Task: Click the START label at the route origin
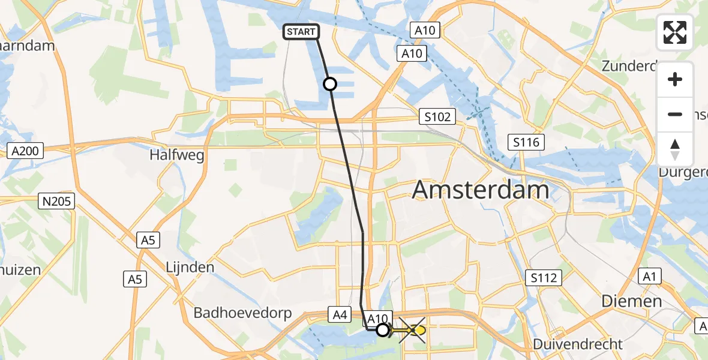[x=301, y=32]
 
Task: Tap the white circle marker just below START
[x=330, y=84]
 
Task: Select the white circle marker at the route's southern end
[x=382, y=329]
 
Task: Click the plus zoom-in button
[x=675, y=79]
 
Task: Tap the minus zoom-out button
[x=675, y=114]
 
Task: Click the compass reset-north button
[x=675, y=149]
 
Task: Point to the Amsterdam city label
[x=481, y=190]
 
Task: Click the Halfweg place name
[x=177, y=156]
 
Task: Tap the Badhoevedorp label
[x=242, y=313]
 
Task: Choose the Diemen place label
[x=632, y=301]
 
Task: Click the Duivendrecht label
[x=580, y=344]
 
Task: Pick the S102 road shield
[x=437, y=116]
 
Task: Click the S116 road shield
[x=526, y=142]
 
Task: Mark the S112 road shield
[x=544, y=278]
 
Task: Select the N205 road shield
[x=56, y=202]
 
